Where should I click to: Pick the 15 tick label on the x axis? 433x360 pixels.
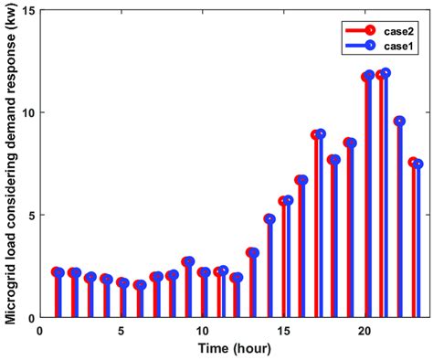pyautogui.click(x=283, y=330)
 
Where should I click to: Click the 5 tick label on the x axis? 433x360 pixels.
pyautogui.click(x=121, y=330)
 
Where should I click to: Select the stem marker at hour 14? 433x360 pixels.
pyautogui.click(x=269, y=219)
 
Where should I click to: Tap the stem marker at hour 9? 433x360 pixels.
pyautogui.click(x=188, y=261)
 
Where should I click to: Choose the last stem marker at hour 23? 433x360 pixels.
pyautogui.click(x=417, y=164)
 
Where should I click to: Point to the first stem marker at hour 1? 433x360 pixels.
pyautogui.click(x=58, y=272)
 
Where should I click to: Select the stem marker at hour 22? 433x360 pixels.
pyautogui.click(x=399, y=122)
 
